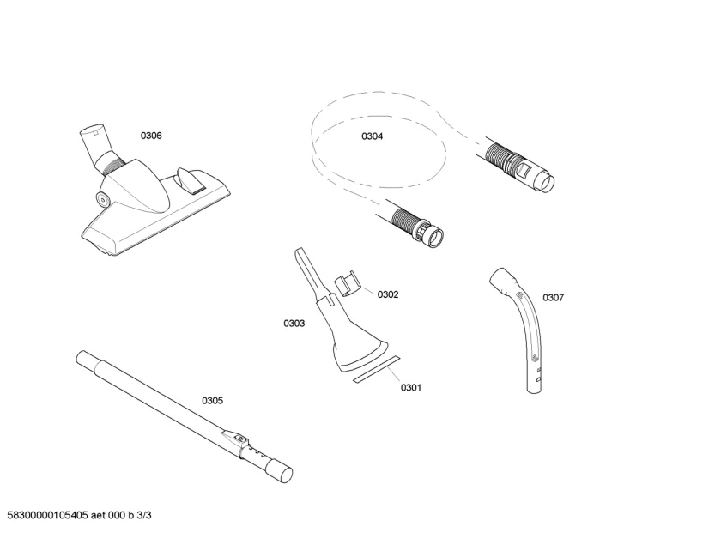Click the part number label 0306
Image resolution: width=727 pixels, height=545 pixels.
(151, 136)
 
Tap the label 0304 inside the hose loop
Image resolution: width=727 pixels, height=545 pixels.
(372, 136)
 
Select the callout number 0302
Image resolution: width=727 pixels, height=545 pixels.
(388, 294)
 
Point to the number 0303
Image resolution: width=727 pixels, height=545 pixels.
(294, 324)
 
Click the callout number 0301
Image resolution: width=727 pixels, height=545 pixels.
(411, 387)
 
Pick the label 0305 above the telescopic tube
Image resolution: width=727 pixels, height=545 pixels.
(212, 400)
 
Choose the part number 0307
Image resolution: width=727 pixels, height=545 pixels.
(553, 298)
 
